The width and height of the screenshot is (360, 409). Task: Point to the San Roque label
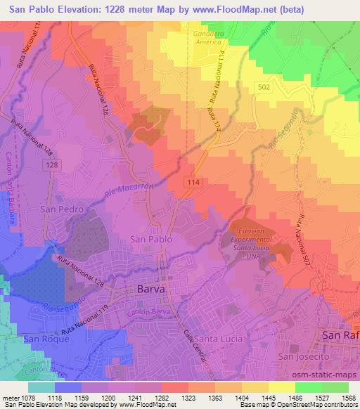(46, 339)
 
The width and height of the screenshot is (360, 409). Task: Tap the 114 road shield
(192, 181)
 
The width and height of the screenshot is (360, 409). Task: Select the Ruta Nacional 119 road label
(84, 320)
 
